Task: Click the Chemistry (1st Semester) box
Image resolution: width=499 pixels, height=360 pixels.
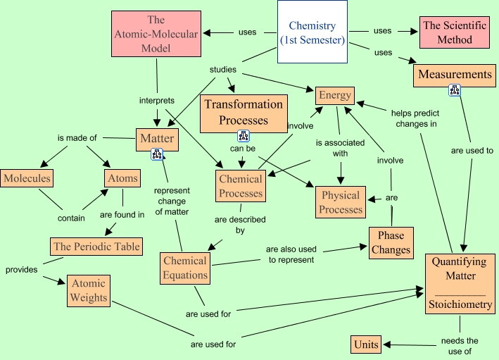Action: pos(312,33)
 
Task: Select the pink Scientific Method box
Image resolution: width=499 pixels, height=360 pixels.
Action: pos(455,32)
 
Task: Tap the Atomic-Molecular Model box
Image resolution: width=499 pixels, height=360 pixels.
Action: pos(156,35)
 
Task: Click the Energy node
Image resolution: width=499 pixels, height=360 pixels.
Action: pos(334,96)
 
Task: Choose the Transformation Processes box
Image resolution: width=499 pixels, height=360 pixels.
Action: pos(243,112)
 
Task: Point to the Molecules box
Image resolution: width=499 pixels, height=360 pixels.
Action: pos(27,178)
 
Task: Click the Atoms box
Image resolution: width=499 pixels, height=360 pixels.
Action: pos(122,178)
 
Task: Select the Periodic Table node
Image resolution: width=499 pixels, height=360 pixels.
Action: pos(96,247)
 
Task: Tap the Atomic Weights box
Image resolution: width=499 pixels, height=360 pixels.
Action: pos(89,290)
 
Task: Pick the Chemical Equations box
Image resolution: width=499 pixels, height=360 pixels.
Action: pos(184,268)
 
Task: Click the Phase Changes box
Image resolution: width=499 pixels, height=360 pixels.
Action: pos(391,242)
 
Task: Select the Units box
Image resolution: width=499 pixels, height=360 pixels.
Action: pos(366,345)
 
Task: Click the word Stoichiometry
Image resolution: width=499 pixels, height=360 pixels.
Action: pos(461,305)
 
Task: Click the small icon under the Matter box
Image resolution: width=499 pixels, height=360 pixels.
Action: pos(157,155)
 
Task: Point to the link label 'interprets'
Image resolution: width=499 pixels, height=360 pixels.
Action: pos(157,101)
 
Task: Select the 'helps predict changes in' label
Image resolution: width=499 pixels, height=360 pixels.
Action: pos(414,118)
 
